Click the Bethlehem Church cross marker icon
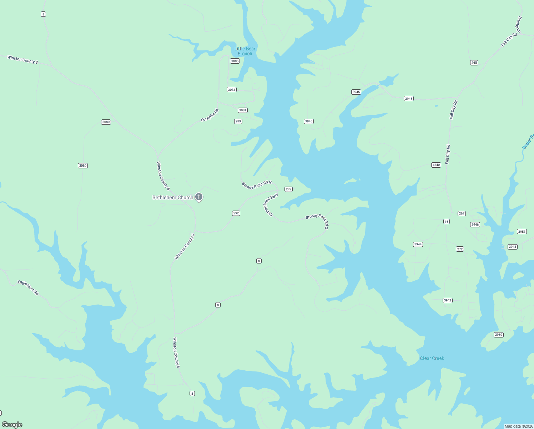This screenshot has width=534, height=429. click(x=199, y=197)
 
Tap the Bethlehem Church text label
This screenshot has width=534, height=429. click(x=173, y=197)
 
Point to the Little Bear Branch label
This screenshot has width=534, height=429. click(x=245, y=51)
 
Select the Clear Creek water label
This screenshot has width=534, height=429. click(x=432, y=358)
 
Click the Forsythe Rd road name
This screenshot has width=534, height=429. click(x=210, y=115)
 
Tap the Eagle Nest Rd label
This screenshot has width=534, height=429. click(x=28, y=287)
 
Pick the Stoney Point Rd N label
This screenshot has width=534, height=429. click(x=257, y=185)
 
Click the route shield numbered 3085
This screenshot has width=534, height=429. click(x=235, y=61)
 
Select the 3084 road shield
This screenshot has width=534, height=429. click(x=232, y=90)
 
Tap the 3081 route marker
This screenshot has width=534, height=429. click(x=243, y=110)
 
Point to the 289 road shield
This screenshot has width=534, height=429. click(x=238, y=121)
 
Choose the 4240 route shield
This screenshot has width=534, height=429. click(x=436, y=165)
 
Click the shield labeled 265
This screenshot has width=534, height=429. click(x=474, y=63)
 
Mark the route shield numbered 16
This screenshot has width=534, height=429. click(x=447, y=222)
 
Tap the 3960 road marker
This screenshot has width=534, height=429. click(x=499, y=335)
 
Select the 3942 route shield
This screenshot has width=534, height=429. click(x=448, y=300)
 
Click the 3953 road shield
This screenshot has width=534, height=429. click(x=522, y=232)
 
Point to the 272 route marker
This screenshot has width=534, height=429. click(x=460, y=249)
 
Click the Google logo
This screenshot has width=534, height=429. click(x=12, y=425)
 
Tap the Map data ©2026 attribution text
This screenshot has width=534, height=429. click(x=519, y=426)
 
